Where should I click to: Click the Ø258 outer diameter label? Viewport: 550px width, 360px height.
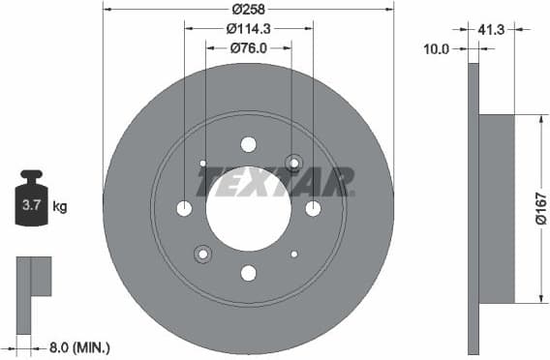coord(248,9)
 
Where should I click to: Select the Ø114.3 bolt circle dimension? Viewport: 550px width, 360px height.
coord(248,28)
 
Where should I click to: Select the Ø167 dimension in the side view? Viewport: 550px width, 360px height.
coord(541,207)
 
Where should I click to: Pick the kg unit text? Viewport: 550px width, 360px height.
coord(60,206)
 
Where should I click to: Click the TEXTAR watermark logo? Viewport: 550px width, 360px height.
coord(276,182)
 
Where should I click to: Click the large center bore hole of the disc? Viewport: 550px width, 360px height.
coord(248,208)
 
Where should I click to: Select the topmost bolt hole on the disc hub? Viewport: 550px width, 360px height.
coord(248,144)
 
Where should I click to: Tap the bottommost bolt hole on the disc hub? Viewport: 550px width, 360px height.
coord(248,273)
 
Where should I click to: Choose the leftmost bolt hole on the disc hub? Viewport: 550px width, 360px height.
coord(184,208)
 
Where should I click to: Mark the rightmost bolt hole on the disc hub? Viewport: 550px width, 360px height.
coord(313,208)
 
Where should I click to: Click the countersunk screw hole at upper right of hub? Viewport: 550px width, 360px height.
coord(293,163)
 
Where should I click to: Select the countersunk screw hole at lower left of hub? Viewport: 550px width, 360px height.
coord(202,255)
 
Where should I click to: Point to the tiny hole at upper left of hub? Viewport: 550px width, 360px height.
coord(202,163)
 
